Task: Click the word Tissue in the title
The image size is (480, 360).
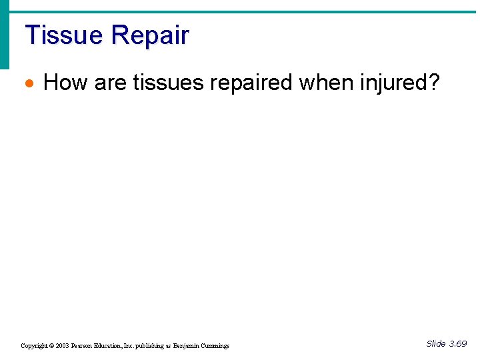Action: (63, 35)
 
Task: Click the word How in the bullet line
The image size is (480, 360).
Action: (65, 83)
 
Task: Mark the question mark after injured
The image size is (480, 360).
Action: (435, 83)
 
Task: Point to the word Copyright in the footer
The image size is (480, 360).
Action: (34, 346)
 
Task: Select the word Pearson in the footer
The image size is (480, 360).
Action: (84, 346)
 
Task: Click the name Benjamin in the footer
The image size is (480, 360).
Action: (189, 346)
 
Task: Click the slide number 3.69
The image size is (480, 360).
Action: (458, 343)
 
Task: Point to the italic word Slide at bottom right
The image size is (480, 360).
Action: (435, 343)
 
